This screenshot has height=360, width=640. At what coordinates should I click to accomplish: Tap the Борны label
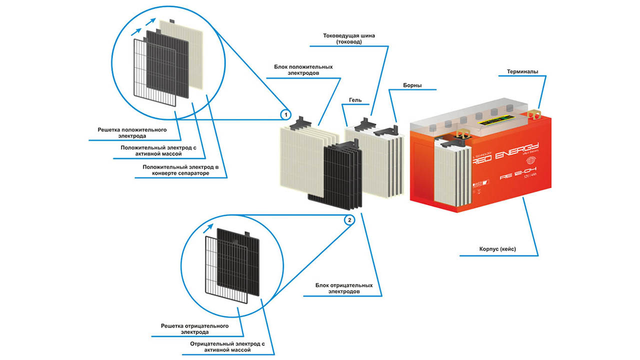tap(412, 85)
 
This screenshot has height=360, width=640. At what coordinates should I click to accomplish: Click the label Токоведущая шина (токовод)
tap(349, 39)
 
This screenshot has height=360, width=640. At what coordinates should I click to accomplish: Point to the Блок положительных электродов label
tap(303, 70)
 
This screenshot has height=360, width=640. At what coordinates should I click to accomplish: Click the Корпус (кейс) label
tap(498, 248)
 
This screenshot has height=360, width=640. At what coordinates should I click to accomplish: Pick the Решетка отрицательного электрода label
tap(194, 328)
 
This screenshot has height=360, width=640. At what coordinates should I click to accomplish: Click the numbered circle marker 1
tap(285, 115)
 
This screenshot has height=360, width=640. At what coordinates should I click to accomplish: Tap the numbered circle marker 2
tap(349, 219)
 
